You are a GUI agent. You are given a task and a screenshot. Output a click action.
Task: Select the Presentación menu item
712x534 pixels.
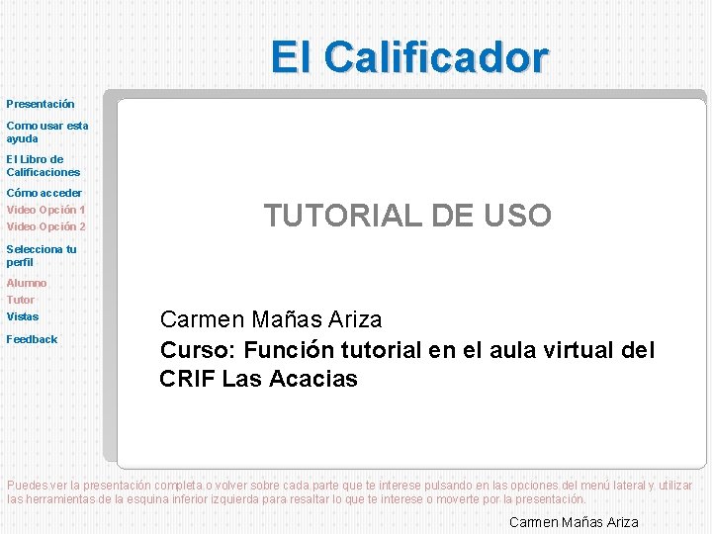point(41,103)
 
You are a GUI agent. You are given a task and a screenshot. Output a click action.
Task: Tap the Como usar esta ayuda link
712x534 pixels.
point(46,132)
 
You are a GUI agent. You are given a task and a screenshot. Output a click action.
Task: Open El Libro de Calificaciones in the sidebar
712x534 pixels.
point(43,165)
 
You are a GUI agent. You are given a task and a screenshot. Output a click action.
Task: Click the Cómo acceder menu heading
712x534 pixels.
point(44,193)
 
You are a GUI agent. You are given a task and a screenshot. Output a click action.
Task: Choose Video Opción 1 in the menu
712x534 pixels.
point(45,210)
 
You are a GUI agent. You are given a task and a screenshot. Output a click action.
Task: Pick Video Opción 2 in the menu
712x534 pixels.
point(45,226)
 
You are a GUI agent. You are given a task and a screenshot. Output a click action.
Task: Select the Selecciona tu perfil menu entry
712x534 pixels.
point(41,255)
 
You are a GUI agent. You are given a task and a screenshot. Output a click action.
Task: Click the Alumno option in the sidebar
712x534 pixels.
point(27,283)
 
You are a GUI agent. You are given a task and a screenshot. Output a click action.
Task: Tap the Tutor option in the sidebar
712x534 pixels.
point(21,300)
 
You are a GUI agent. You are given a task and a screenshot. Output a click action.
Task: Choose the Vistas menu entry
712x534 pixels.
point(23,316)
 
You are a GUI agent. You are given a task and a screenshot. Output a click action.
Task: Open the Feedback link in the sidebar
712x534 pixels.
point(32,339)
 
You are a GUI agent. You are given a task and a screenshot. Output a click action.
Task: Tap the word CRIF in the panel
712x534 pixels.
point(187,379)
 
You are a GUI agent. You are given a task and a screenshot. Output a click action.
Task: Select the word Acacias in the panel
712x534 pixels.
point(316,379)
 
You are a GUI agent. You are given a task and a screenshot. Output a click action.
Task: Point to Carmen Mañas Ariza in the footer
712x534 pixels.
point(574,522)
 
